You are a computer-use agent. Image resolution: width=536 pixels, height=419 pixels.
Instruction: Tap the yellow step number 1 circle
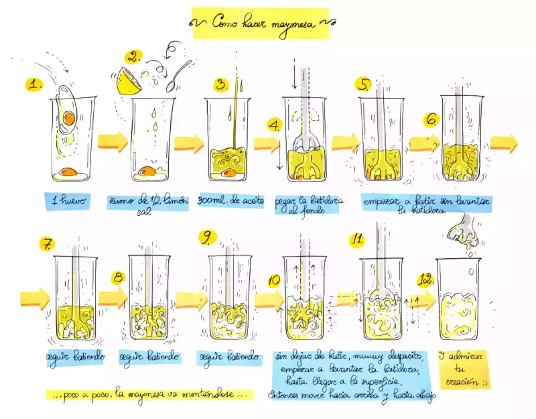click(x=34, y=85)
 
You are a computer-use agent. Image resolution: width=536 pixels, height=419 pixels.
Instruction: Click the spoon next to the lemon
click(x=178, y=76)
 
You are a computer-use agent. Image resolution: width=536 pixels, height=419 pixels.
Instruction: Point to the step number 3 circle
click(x=221, y=85)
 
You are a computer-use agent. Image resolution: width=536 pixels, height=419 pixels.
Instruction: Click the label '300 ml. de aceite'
click(x=230, y=201)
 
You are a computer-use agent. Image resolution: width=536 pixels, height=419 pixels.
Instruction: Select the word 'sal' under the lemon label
click(x=144, y=212)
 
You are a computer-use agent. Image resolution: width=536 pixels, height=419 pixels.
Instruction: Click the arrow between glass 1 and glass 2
click(x=113, y=142)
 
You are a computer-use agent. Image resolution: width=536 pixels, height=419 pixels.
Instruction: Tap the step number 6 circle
click(x=431, y=120)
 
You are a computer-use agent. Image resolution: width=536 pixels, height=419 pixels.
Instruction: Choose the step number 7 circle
click(x=47, y=244)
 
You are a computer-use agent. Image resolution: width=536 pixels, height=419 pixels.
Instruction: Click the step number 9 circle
click(x=208, y=238)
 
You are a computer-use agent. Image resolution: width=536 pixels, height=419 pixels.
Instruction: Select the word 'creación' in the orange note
click(x=462, y=382)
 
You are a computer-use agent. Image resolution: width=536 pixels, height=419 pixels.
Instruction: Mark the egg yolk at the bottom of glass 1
click(x=69, y=172)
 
